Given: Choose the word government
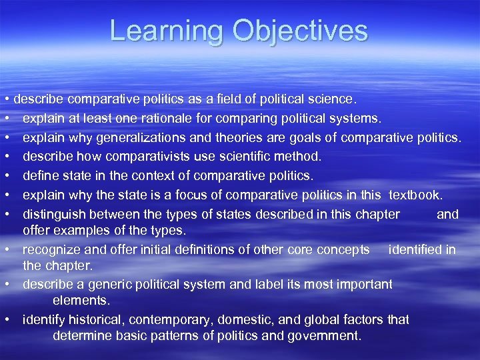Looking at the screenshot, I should tap(325, 335).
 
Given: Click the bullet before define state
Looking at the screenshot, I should tap(5, 176).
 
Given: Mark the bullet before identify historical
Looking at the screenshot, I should tap(5, 319).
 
